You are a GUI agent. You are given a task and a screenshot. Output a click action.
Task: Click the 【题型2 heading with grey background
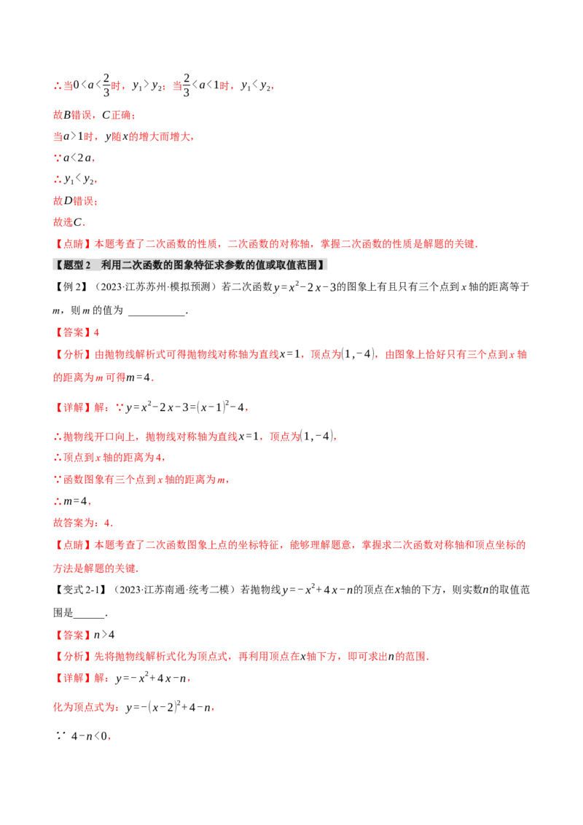[x=189, y=265]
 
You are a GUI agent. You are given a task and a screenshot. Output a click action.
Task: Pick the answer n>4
[x=104, y=635]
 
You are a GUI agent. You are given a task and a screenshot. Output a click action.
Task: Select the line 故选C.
[x=69, y=222]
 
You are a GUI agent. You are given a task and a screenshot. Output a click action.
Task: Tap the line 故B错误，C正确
[x=94, y=114]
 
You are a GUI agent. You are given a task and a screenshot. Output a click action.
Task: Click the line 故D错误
[x=75, y=200]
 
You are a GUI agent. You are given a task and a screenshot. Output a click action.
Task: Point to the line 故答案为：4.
[x=83, y=523]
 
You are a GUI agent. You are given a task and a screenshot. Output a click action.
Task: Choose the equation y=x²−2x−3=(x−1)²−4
[x=187, y=407]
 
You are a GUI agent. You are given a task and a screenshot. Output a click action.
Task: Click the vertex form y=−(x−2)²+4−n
[x=170, y=707]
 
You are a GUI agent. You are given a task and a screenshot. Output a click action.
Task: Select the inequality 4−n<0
[x=90, y=736]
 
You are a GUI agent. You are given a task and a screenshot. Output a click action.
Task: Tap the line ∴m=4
[x=73, y=501]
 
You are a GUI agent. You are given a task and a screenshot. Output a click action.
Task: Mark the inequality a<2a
[x=79, y=158]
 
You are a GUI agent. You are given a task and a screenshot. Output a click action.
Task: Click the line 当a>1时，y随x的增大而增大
[x=124, y=136]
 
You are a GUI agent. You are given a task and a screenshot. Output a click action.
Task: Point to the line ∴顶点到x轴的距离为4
[x=110, y=458]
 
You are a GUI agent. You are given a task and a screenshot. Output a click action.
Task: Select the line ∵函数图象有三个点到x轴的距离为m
[x=141, y=480]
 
